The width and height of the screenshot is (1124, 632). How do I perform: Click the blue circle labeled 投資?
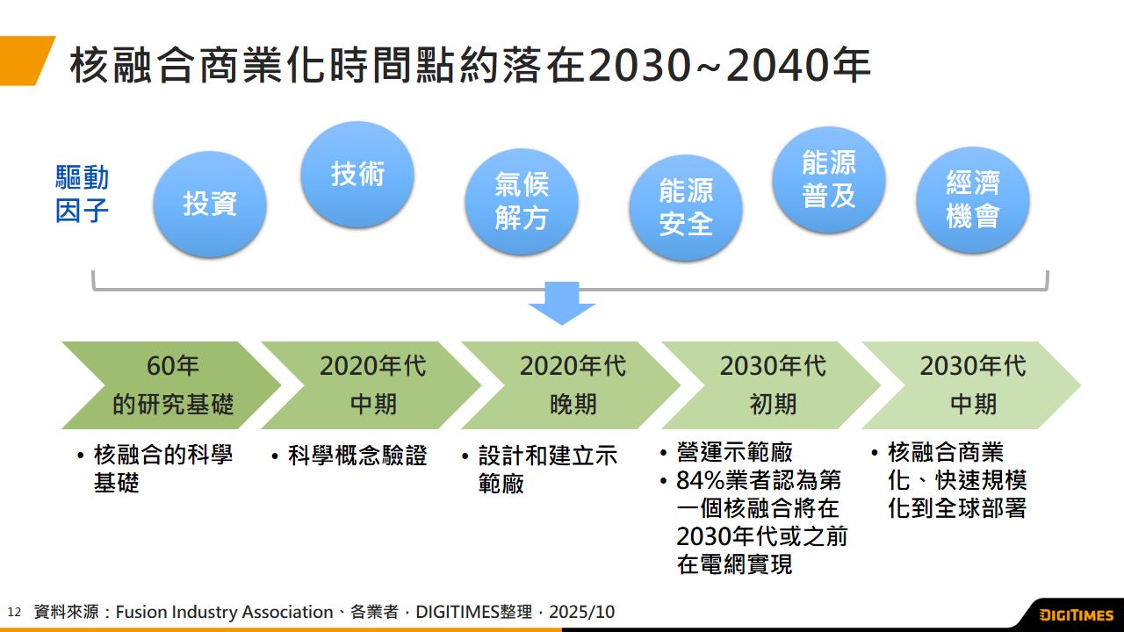pyautogui.click(x=210, y=205)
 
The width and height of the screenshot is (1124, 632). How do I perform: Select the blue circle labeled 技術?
pyautogui.click(x=357, y=175)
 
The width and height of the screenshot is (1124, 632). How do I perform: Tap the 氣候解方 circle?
pyautogui.click(x=522, y=201)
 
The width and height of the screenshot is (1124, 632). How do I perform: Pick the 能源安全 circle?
pyautogui.click(x=686, y=208)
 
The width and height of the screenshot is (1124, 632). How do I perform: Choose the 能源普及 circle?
pyautogui.click(x=828, y=180)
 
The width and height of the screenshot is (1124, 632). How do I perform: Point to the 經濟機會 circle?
pyautogui.click(x=972, y=199)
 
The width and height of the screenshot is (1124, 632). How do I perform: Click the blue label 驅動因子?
pyautogui.click(x=82, y=194)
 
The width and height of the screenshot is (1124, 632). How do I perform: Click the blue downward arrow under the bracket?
pyautogui.click(x=562, y=303)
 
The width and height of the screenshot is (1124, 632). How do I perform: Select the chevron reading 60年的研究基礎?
pyautogui.click(x=170, y=385)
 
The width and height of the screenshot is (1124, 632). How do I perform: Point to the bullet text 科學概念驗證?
pyautogui.click(x=357, y=456)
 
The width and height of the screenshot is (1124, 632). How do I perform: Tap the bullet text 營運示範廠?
pyautogui.click(x=734, y=452)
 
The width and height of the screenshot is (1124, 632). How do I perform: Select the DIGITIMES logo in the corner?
pyautogui.click(x=1077, y=615)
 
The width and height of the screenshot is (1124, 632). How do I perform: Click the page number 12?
pyautogui.click(x=14, y=613)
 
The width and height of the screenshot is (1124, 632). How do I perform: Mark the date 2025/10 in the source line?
pyautogui.click(x=581, y=612)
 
